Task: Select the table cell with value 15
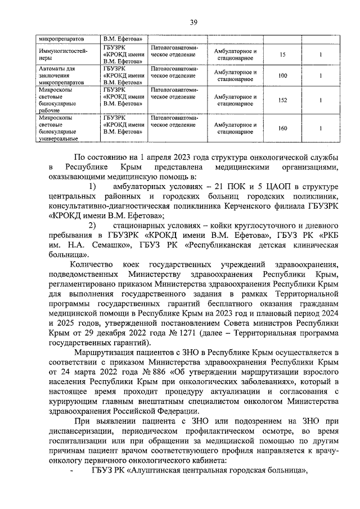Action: pyautogui.click(x=282, y=55)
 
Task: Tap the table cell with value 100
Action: pyautogui.click(x=282, y=76)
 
